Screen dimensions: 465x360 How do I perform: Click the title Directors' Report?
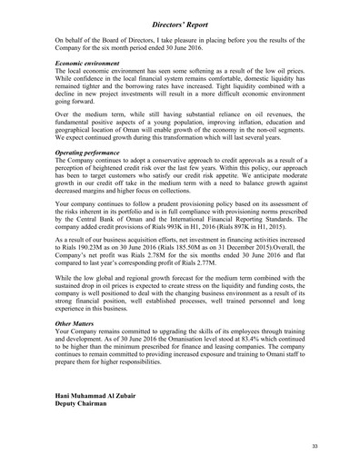click(179, 16)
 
